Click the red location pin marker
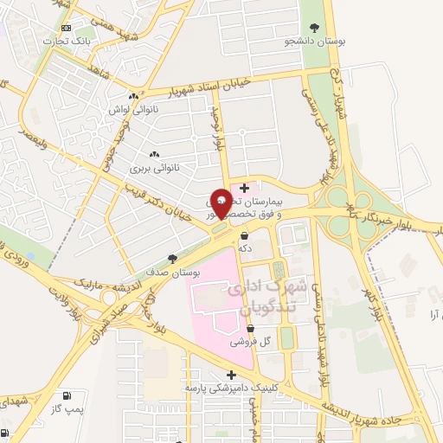click(221, 203)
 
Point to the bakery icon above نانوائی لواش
click(132, 97)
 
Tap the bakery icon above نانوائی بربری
click(154, 154)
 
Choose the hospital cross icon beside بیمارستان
click(245, 187)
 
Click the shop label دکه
click(246, 248)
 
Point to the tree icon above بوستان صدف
click(172, 259)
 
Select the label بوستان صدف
click(174, 273)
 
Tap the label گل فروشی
click(251, 342)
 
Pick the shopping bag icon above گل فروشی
click(251, 329)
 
